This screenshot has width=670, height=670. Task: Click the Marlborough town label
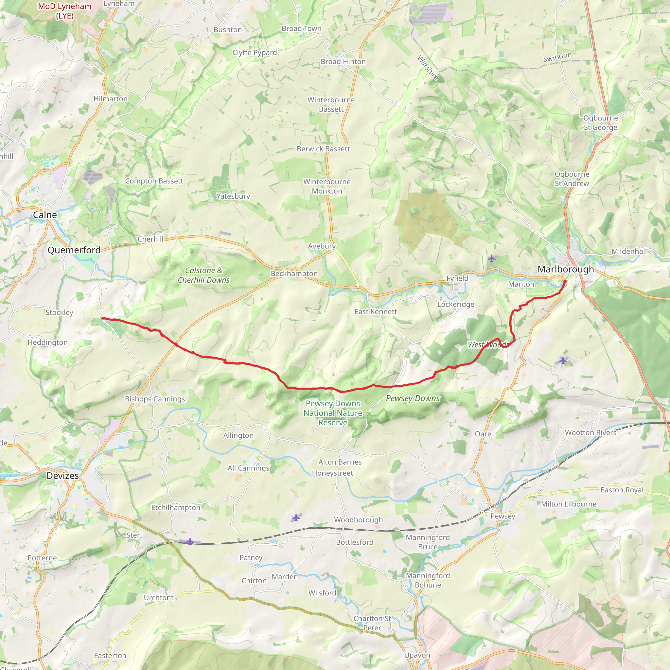click(566, 269)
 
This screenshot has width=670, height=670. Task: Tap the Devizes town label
click(63, 475)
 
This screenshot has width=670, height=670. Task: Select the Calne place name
click(45, 215)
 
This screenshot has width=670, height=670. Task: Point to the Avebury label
click(322, 246)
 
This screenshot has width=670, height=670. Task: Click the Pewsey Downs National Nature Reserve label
click(333, 413)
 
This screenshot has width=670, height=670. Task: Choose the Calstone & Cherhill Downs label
click(204, 275)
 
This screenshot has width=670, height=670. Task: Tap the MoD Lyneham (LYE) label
click(65, 11)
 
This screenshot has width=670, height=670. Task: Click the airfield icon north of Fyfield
click(492, 258)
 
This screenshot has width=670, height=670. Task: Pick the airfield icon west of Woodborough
click(296, 518)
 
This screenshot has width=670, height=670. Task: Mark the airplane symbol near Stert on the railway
click(190, 541)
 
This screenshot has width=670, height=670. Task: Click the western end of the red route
click(102, 318)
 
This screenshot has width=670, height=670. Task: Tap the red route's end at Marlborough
click(566, 281)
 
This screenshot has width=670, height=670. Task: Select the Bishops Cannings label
click(155, 399)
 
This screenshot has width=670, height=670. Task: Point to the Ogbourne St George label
click(600, 123)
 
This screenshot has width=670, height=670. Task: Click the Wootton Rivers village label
click(591, 432)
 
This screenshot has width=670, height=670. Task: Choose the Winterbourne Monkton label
click(327, 186)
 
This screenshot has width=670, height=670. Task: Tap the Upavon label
click(417, 655)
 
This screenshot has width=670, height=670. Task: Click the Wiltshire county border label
click(428, 68)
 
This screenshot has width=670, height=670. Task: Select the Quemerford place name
click(74, 250)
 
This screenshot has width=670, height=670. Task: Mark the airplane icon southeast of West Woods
click(563, 360)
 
